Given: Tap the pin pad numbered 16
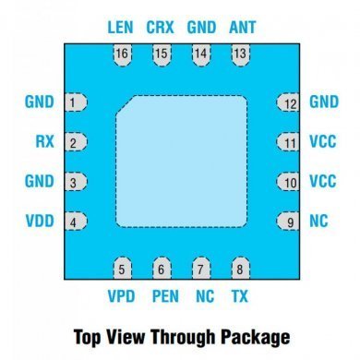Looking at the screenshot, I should point(121,54).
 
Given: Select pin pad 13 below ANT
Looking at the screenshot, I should point(240,54).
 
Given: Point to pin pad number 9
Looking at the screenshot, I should point(289,222).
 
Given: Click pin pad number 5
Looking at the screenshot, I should point(121,270).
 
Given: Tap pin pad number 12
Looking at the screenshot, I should point(289,102).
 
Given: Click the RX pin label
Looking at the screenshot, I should point(43,142).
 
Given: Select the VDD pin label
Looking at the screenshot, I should point(41,222).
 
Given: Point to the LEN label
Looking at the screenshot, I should point(121,28).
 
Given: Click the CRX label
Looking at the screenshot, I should point(161,28).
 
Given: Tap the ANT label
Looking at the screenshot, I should point(241,28).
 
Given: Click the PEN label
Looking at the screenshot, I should point(164,296).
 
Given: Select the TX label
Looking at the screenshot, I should point(240,296).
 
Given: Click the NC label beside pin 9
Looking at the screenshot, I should point(318,222).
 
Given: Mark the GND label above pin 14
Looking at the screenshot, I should point(201,28).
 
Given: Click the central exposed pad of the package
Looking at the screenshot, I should point(181,162).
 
